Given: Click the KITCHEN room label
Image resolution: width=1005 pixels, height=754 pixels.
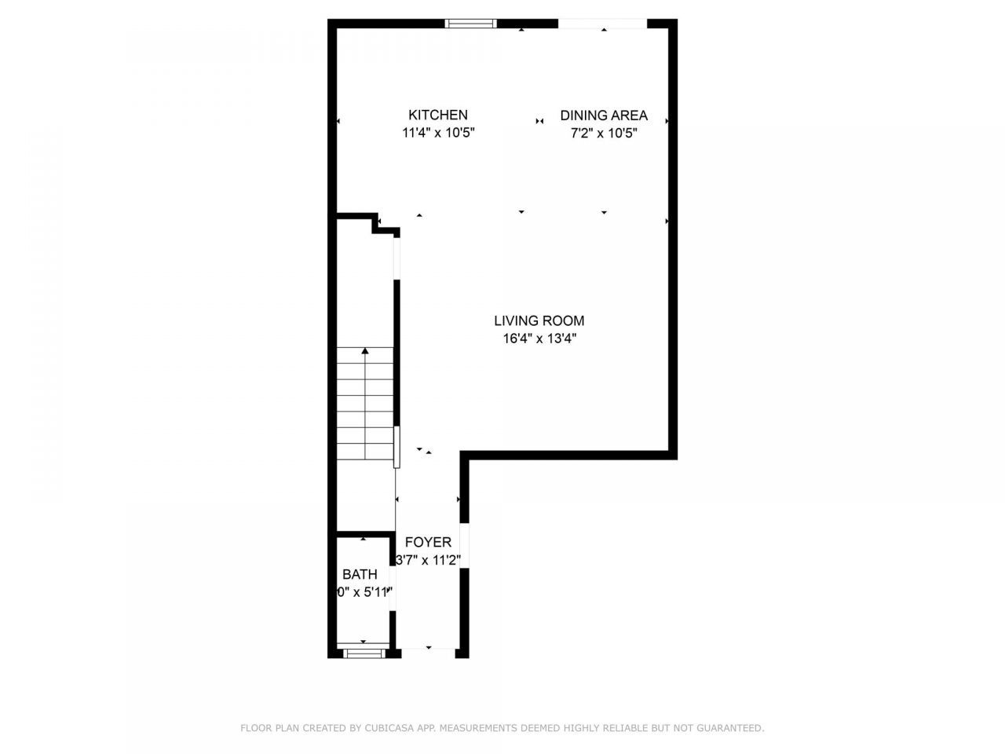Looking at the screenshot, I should [x=438, y=115].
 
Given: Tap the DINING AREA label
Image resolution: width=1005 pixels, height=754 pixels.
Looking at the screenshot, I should [x=603, y=115].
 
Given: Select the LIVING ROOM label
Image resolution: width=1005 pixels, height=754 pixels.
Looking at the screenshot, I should [x=539, y=320].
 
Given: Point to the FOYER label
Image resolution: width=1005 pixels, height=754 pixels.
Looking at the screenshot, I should [x=428, y=542].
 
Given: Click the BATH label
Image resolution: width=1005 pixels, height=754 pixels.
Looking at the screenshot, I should [x=360, y=574].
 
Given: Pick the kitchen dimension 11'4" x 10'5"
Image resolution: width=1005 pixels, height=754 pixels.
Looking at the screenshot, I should [x=438, y=134].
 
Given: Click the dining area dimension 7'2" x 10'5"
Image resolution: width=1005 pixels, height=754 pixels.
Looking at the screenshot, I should [x=603, y=134].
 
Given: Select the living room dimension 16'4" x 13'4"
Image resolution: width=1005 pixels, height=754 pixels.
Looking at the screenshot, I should [x=539, y=339].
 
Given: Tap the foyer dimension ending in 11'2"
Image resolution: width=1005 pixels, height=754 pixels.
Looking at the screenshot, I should [x=428, y=560].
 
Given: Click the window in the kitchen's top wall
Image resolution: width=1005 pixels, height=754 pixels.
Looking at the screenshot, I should [x=471, y=24].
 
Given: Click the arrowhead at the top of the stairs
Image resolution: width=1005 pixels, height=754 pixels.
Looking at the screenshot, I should [x=364, y=351].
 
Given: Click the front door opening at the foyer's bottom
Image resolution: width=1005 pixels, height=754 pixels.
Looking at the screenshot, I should [x=428, y=650].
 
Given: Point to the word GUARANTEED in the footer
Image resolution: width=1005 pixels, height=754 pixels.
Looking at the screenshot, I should [x=732, y=728].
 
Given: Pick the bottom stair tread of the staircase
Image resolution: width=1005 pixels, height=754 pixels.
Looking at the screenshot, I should [x=366, y=453].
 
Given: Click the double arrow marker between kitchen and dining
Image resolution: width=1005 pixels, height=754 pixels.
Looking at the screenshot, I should [x=539, y=121].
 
